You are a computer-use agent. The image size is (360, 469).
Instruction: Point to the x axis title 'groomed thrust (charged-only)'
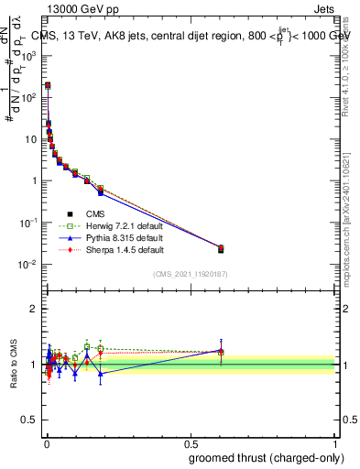pyautogui.click(x=268, y=458)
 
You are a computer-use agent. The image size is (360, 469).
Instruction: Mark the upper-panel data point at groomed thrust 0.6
pyautogui.click(x=221, y=248)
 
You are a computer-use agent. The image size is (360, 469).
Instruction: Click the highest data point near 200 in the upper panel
pyautogui.click(x=48, y=85)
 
